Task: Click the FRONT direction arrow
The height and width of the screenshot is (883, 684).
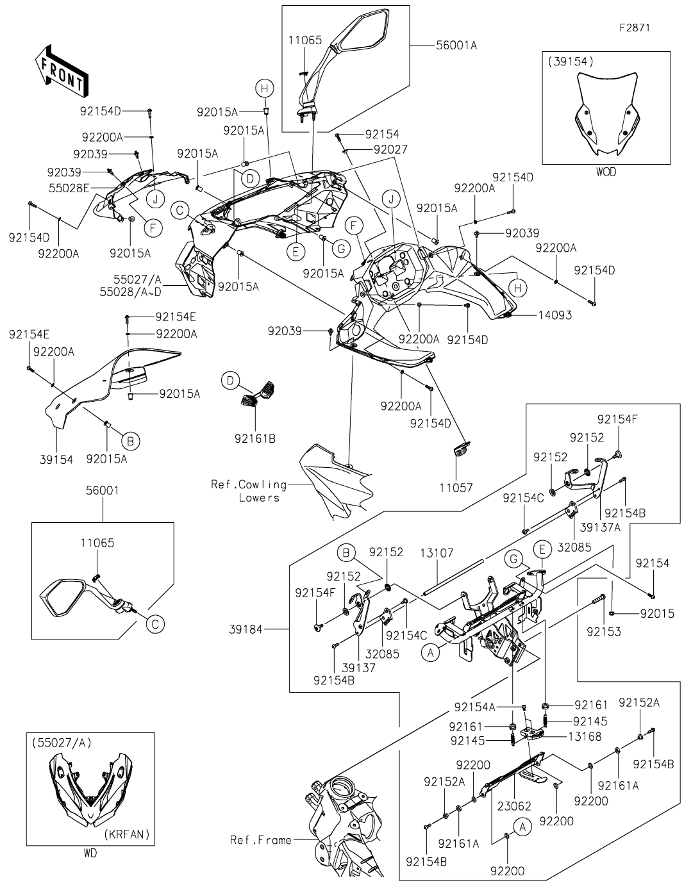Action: tap(62, 71)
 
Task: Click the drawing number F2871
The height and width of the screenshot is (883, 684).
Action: tap(635, 28)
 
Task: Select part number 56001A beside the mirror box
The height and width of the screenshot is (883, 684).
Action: tap(456, 45)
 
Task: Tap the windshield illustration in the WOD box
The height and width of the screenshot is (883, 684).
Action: tap(607, 114)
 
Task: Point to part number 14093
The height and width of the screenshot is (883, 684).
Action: tap(555, 315)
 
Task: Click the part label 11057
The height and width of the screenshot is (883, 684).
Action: tap(456, 487)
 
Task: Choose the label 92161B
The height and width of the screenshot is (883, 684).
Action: tap(255, 438)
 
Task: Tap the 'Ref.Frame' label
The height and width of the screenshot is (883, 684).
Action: tap(260, 840)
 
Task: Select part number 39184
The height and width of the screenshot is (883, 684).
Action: tap(246, 629)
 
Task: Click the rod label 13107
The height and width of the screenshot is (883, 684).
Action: tap(437, 552)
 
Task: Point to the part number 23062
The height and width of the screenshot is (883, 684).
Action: tap(514, 806)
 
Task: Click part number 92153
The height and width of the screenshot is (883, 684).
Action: tap(604, 631)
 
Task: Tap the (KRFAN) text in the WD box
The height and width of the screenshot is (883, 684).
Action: tap(127, 834)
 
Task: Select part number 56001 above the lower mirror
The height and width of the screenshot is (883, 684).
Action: tap(103, 490)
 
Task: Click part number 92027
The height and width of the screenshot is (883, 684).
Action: tap(390, 149)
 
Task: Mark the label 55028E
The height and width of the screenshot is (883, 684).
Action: tap(69, 188)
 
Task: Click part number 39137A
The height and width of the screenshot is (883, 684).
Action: tap(600, 527)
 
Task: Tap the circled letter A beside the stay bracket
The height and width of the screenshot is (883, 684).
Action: tap(430, 653)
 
